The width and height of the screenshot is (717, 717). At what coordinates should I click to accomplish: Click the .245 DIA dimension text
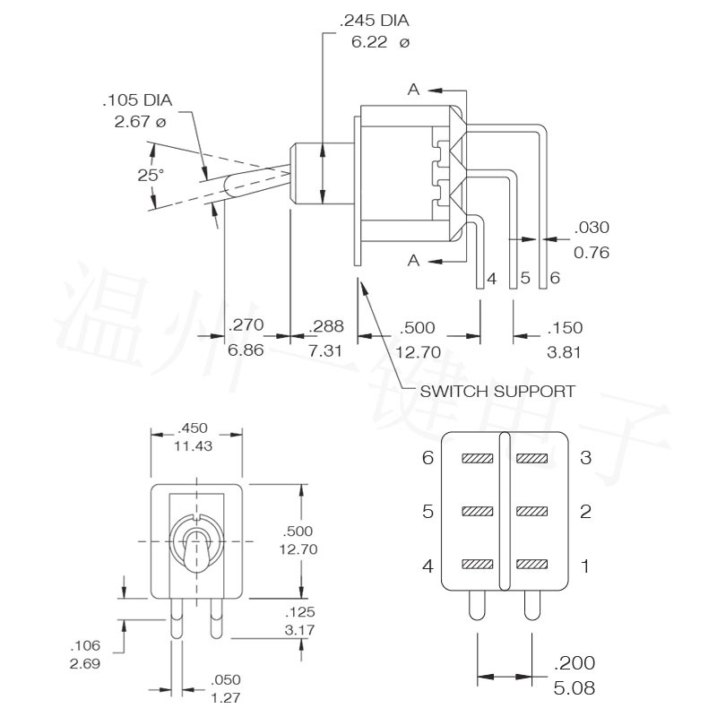374,21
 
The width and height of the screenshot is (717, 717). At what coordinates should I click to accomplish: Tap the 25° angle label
151,175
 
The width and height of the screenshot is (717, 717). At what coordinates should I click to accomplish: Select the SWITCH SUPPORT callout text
497,392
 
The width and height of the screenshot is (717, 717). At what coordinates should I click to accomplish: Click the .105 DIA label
137,100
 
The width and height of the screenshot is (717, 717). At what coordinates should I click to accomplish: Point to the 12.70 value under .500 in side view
418,352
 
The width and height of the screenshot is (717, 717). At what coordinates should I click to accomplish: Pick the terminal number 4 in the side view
491,279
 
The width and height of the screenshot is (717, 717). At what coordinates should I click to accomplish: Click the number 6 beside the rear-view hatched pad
428,457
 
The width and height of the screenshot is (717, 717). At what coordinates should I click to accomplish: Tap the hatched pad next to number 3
531,458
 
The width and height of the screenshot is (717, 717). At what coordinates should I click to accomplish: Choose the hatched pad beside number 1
531,565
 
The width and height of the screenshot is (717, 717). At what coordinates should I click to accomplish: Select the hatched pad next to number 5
478,511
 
